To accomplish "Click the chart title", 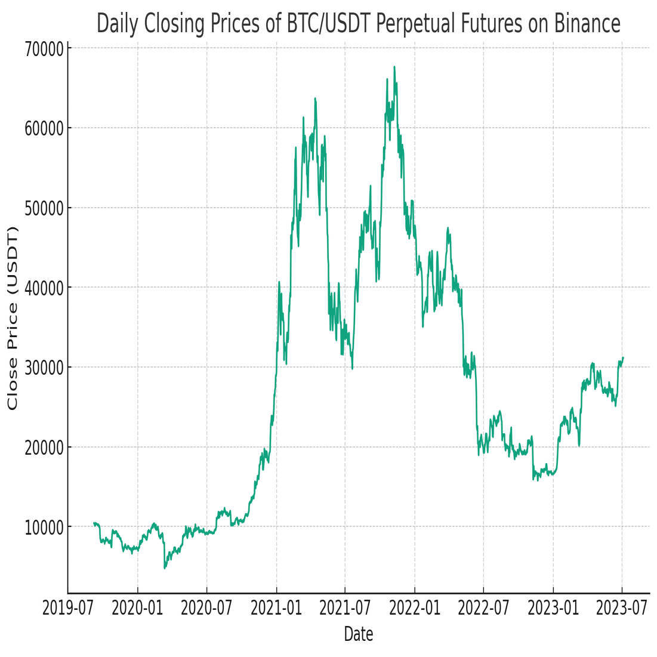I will pyautogui.click(x=358, y=24).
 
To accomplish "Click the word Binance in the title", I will pyautogui.click(x=587, y=24).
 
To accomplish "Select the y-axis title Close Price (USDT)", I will pyautogui.click(x=13, y=318).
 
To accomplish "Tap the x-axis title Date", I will pyautogui.click(x=359, y=634).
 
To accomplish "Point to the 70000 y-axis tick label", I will pyautogui.click(x=44, y=48).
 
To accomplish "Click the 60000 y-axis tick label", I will pyautogui.click(x=44, y=128).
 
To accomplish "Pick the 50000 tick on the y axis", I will pyautogui.click(x=44, y=208).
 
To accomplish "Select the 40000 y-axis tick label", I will pyautogui.click(x=44, y=288).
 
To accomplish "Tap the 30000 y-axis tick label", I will pyautogui.click(x=44, y=368).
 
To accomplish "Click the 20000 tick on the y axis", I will pyautogui.click(x=44, y=447).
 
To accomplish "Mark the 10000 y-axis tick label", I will pyautogui.click(x=44, y=527).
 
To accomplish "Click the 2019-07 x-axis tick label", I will pyautogui.click(x=68, y=609).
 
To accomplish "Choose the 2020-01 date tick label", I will pyautogui.click(x=137, y=609).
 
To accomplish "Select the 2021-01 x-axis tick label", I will pyautogui.click(x=276, y=609).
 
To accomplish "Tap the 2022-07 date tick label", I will pyautogui.click(x=483, y=609).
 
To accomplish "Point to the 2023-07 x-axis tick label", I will pyautogui.click(x=622, y=609).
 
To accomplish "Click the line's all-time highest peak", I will pyautogui.click(x=394, y=67).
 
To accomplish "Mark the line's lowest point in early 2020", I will pyautogui.click(x=165, y=567).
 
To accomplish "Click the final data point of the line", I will pyautogui.click(x=623, y=357).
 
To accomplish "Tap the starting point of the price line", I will pyautogui.click(x=94, y=523).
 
